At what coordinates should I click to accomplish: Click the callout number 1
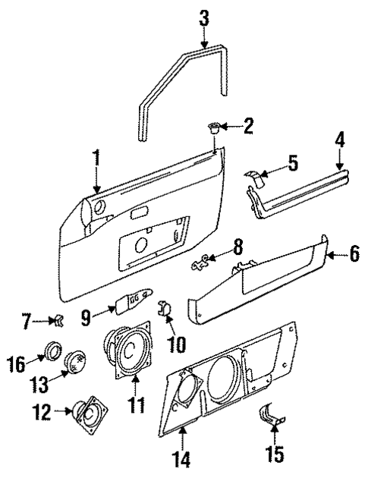(x=96, y=157)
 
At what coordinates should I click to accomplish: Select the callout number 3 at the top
(x=203, y=17)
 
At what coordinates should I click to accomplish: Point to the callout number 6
(x=353, y=254)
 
